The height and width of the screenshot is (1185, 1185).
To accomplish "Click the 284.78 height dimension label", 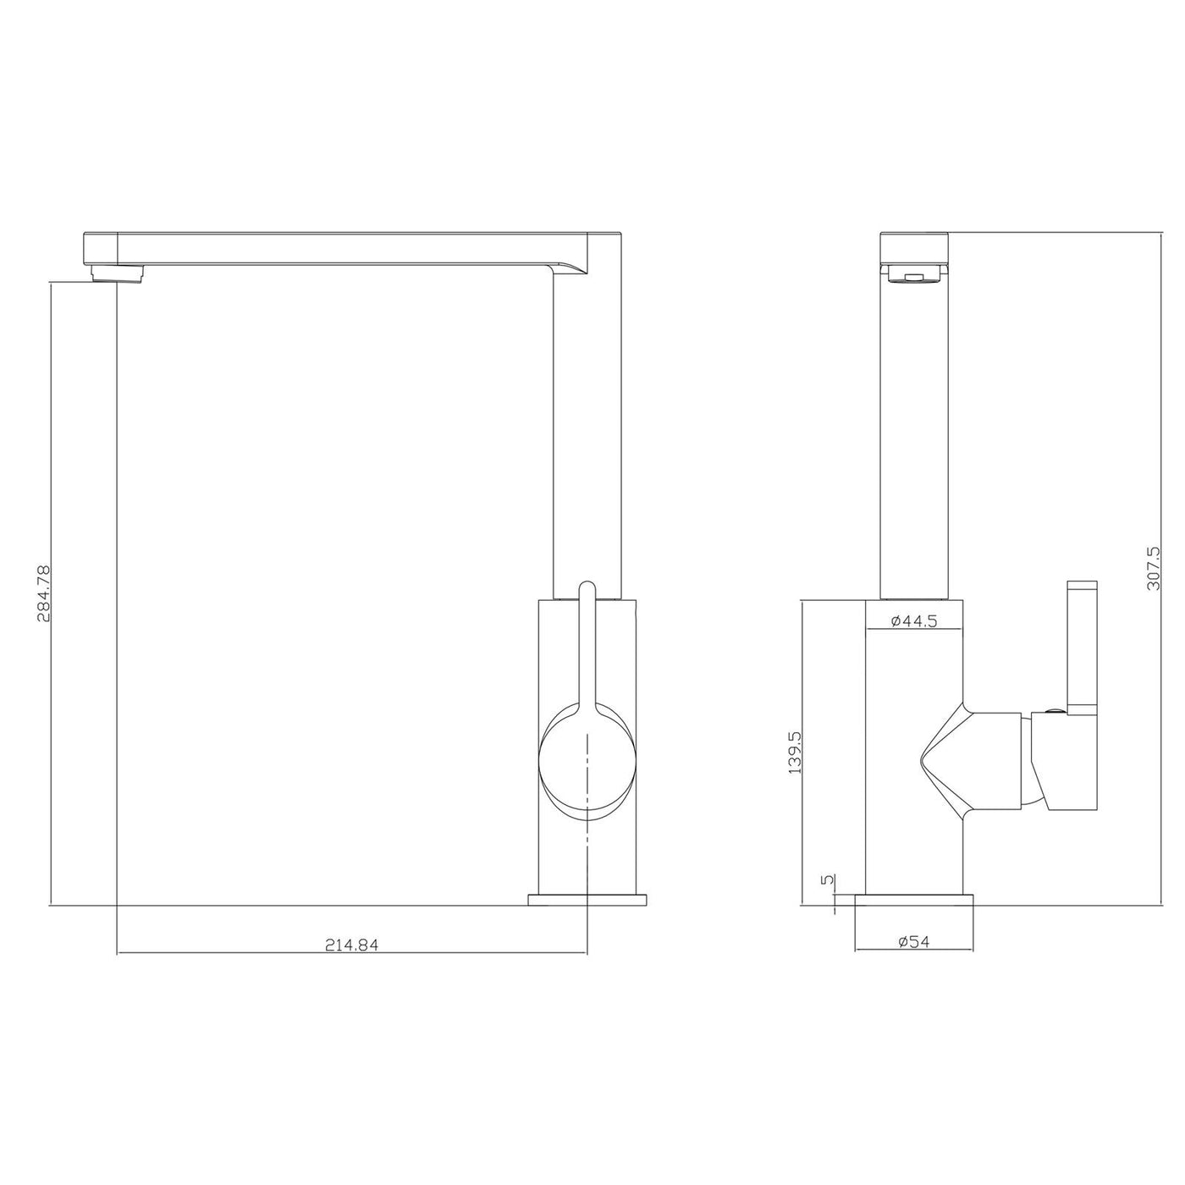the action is (x=44, y=593).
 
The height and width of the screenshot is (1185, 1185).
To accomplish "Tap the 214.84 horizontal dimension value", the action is (x=352, y=945).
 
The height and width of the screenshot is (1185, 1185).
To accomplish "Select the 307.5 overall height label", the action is (x=1153, y=568).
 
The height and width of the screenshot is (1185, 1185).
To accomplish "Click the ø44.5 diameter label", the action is (x=914, y=620).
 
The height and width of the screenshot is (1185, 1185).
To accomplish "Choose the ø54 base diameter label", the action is (x=913, y=941).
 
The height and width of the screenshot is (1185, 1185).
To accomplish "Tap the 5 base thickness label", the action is (x=829, y=880).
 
